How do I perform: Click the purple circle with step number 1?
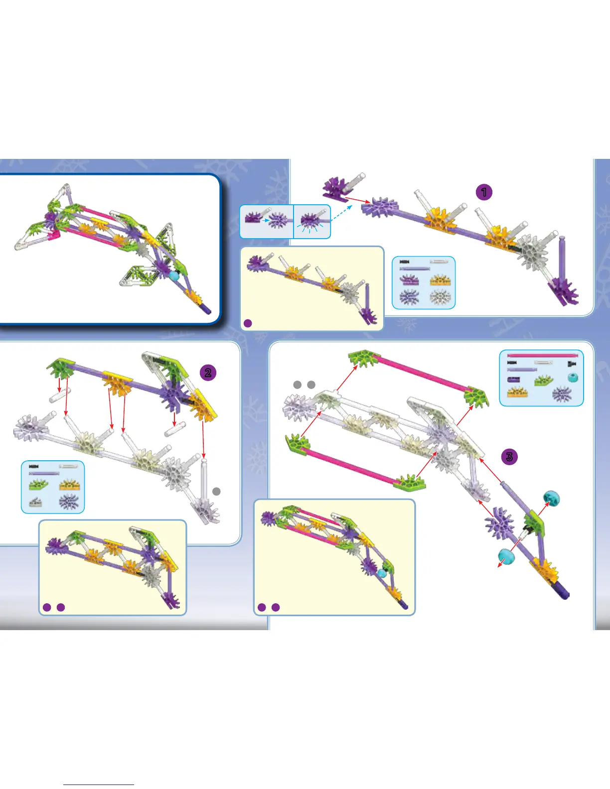tap(483, 192)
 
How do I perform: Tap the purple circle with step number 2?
tap(208, 372)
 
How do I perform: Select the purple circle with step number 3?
tap(509, 457)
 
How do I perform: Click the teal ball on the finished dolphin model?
tap(173, 274)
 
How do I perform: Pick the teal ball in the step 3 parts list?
tap(573, 378)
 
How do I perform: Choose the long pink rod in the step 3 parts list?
tap(542, 356)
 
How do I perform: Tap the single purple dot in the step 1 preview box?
tap(248, 323)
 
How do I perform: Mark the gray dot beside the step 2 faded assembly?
tap(216, 491)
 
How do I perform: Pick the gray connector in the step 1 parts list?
tap(439, 297)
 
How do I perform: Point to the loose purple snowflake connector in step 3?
tap(498, 523)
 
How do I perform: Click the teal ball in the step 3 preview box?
tap(382, 573)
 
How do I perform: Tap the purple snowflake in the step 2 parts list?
tap(69, 501)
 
